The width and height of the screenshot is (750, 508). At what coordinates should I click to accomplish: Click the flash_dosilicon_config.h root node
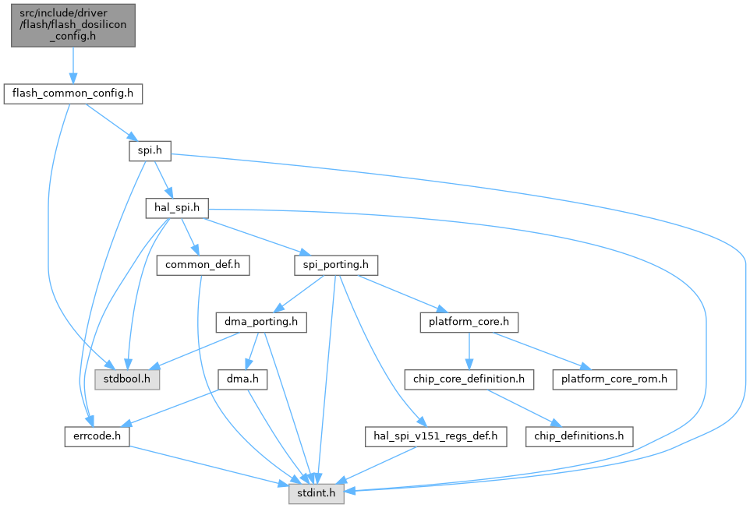(73, 25)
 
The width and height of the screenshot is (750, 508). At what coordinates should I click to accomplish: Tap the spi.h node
(150, 151)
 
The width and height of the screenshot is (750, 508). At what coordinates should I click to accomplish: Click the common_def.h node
(203, 265)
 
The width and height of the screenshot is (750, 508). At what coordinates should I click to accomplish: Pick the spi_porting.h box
(335, 265)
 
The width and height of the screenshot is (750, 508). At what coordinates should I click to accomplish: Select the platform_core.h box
(469, 322)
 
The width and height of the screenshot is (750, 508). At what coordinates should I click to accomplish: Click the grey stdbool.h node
(127, 379)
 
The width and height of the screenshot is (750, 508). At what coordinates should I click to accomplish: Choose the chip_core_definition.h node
(469, 379)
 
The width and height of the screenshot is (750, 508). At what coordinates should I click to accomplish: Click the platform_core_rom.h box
(614, 379)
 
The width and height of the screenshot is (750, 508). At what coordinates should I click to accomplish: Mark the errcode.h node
(97, 436)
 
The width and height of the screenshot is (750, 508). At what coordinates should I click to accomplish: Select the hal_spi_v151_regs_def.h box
(435, 436)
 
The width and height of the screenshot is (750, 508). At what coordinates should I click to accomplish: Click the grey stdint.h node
(317, 492)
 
